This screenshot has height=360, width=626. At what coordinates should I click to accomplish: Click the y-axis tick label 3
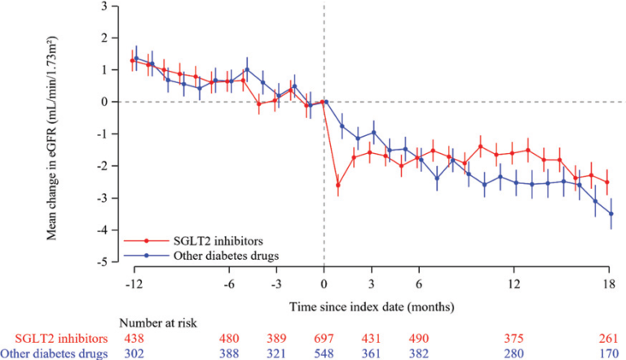(104, 7)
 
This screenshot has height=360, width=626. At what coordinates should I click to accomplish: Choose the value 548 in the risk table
(324, 353)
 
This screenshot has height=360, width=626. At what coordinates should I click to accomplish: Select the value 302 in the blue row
(134, 353)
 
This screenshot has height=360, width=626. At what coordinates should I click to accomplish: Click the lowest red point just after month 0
(338, 185)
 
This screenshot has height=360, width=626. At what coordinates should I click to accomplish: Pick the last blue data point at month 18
(611, 213)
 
